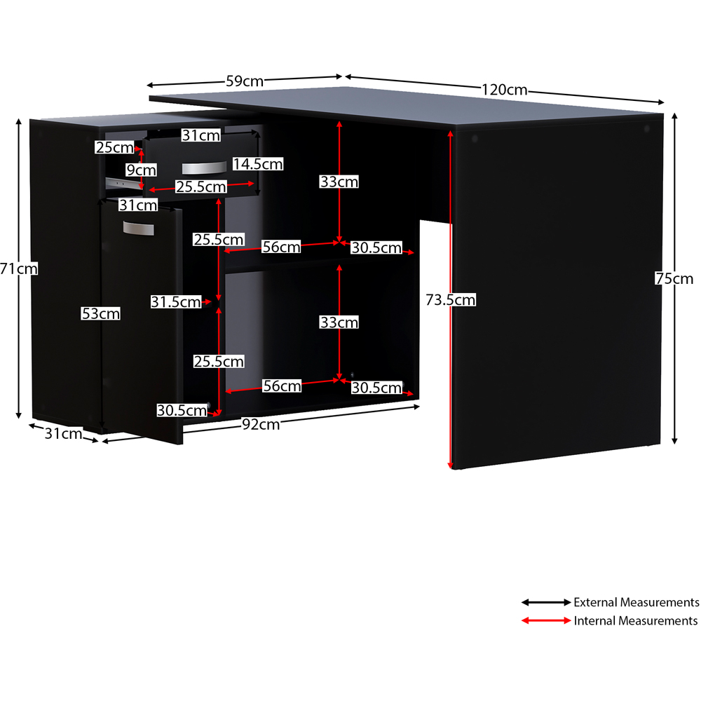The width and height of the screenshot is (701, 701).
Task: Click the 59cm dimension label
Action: (245, 81)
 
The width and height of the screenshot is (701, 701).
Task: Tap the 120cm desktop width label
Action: (504, 90)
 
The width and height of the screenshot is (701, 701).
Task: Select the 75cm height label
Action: (674, 278)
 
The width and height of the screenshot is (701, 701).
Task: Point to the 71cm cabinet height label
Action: (19, 268)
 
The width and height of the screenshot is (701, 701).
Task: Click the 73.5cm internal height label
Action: (450, 299)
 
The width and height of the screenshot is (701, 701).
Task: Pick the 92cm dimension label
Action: (261, 424)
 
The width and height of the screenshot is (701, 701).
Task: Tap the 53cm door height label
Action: (100, 313)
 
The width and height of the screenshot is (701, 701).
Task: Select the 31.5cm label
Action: (176, 301)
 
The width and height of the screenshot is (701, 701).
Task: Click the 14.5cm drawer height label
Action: (258, 164)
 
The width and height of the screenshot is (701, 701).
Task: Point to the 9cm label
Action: (142, 170)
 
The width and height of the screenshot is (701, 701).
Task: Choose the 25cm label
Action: (114, 147)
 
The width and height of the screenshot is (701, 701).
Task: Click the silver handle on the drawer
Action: (204, 168)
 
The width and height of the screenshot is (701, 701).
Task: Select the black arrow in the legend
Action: (546, 602)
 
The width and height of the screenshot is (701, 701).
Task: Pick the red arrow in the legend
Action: (546, 620)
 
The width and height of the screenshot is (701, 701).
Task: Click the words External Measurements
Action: (637, 602)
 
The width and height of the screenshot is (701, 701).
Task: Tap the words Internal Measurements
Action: (636, 620)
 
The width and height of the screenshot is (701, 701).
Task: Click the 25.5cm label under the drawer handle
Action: (201, 186)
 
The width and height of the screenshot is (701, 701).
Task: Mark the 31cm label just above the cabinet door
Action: (138, 205)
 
